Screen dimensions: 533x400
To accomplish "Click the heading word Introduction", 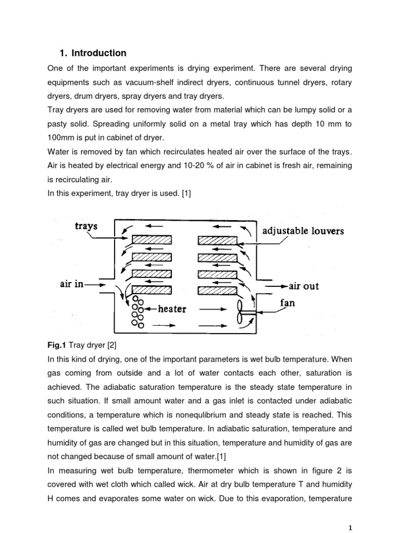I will pos(99,53).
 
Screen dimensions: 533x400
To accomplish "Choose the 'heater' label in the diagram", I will pos(172,309).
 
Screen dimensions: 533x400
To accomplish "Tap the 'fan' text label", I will pos(287,302).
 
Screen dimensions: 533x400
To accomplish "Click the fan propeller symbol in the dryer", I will pos(243,312).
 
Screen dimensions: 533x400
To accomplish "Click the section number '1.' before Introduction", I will pos(64,53).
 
